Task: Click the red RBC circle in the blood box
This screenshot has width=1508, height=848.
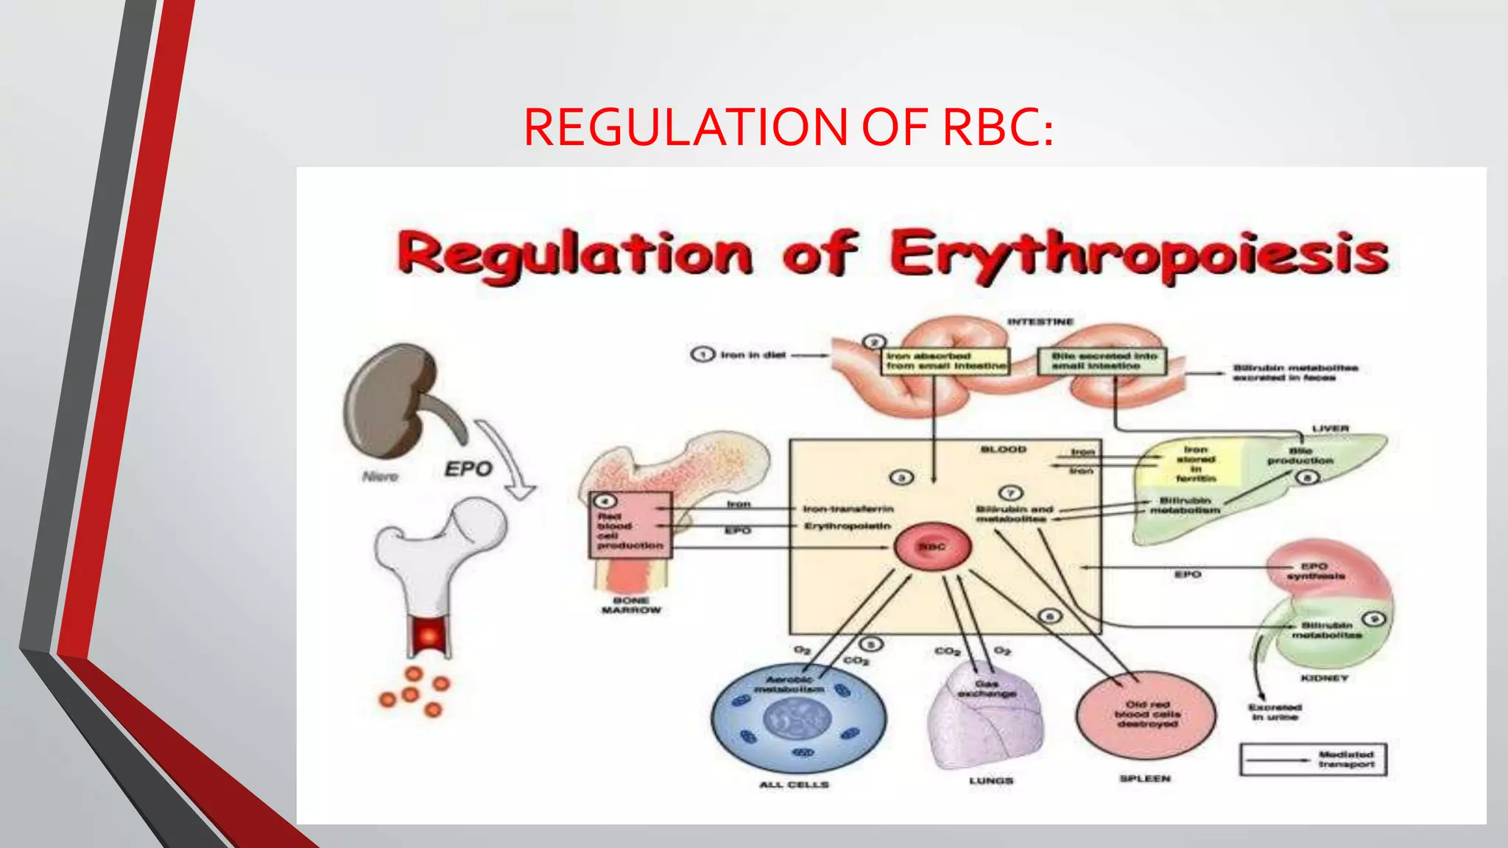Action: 932,547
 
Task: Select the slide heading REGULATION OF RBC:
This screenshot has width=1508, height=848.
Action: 788,127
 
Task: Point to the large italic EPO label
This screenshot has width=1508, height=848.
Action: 468,469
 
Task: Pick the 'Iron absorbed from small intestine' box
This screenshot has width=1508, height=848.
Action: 945,361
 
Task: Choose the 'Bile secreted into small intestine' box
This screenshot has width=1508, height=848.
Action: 1102,361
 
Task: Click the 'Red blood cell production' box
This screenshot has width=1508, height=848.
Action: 630,526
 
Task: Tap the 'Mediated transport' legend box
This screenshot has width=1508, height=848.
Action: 1313,760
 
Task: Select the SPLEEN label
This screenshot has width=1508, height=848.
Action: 1145,779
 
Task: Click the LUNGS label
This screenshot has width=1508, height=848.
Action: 991,780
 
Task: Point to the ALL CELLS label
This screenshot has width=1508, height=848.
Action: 794,785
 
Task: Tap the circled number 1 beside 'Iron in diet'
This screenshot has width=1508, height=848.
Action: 702,355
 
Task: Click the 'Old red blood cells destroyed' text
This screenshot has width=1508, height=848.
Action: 1147,714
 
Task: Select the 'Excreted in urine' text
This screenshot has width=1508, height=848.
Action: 1275,712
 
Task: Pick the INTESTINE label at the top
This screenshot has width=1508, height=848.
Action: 1040,322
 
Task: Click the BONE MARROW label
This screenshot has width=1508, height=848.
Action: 631,605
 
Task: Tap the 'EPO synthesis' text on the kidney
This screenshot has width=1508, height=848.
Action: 1315,571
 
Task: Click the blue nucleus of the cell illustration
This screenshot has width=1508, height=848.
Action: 797,718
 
